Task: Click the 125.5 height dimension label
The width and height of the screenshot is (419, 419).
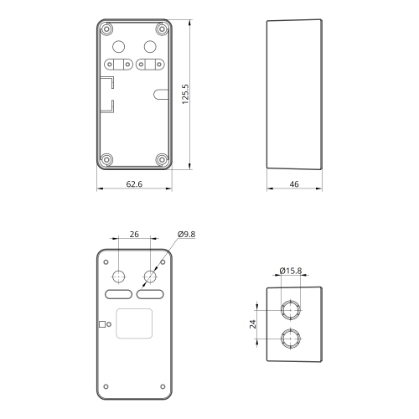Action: pyautogui.click(x=185, y=95)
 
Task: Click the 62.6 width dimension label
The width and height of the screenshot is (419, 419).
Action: pyautogui.click(x=134, y=184)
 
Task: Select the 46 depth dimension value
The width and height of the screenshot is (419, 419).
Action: pyautogui.click(x=294, y=184)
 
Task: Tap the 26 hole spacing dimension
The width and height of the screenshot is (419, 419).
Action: pyautogui.click(x=134, y=234)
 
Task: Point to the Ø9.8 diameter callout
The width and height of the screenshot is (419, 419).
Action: pyautogui.click(x=187, y=234)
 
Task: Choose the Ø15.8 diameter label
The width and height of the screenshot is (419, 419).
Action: pyautogui.click(x=291, y=271)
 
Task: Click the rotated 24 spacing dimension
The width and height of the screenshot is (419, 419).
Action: pyautogui.click(x=253, y=324)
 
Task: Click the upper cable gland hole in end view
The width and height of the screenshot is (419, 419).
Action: pyautogui.click(x=291, y=310)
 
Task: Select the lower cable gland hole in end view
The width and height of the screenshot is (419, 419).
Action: pyautogui.click(x=291, y=339)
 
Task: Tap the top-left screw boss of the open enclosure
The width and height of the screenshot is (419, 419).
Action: pyautogui.click(x=106, y=29)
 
